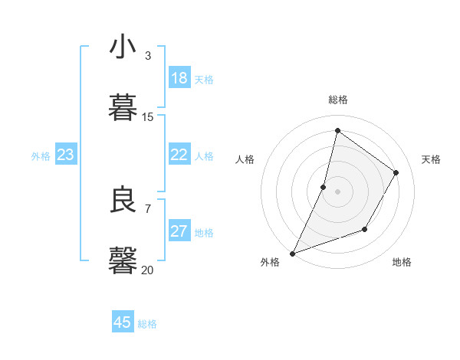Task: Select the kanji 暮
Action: tap(123, 107)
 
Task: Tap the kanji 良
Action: tap(123, 201)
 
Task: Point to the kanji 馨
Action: tap(123, 260)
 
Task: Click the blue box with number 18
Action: tap(179, 78)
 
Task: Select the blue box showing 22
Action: tap(179, 155)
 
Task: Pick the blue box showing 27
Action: tap(179, 231)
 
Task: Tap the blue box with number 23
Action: tap(66, 155)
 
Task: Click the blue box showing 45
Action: tap(123, 322)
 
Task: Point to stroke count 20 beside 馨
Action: tap(147, 270)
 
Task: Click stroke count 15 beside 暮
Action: tap(147, 116)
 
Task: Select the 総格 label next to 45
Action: tap(147, 324)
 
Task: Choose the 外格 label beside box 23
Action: tap(41, 156)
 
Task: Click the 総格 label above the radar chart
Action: tap(337, 100)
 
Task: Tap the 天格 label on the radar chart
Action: tap(431, 159)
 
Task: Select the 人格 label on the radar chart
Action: tap(245, 159)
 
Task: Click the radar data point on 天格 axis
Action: tap(396, 172)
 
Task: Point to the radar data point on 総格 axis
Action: tap(337, 130)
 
